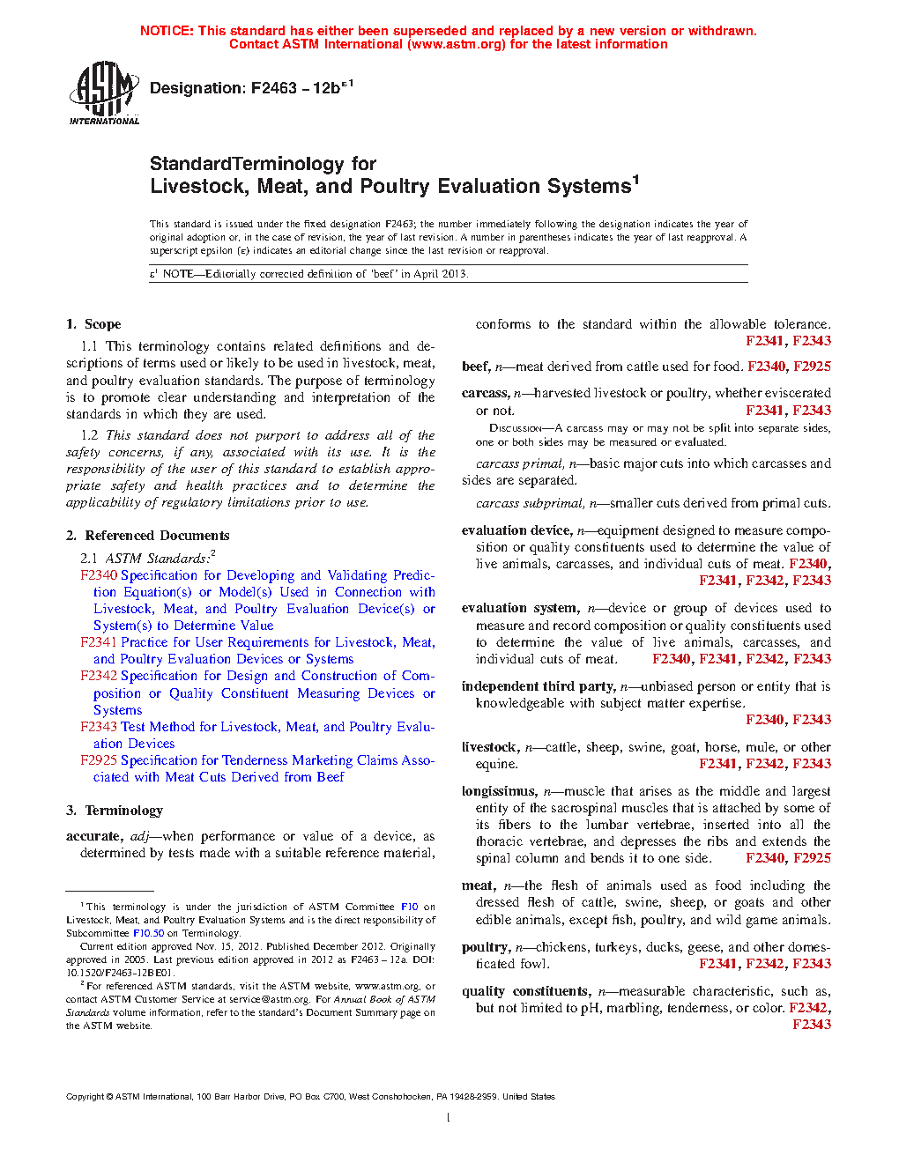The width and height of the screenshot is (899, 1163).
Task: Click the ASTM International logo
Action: point(104,93)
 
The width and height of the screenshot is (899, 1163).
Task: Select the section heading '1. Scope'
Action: point(93,324)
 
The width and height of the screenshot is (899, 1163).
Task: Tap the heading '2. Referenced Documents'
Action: point(148,536)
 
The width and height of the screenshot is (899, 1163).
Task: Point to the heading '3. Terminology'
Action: point(115,811)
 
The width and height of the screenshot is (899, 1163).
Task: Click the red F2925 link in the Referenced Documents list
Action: point(98,760)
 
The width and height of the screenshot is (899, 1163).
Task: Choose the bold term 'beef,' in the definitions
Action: point(476,367)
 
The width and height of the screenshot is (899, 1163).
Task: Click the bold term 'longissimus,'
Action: point(499,791)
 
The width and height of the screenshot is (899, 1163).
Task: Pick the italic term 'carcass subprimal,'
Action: point(529,504)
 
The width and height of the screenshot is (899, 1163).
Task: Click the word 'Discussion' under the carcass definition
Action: point(515,428)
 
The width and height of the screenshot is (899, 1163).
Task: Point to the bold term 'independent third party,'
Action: point(539,686)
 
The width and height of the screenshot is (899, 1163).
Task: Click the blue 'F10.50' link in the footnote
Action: point(148,933)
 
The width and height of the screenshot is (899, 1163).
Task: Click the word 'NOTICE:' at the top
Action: point(167,31)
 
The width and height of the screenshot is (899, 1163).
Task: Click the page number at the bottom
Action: point(449,1118)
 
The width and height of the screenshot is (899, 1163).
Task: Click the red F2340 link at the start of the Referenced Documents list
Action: point(98,575)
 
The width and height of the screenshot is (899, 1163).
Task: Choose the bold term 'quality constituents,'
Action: point(526,991)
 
